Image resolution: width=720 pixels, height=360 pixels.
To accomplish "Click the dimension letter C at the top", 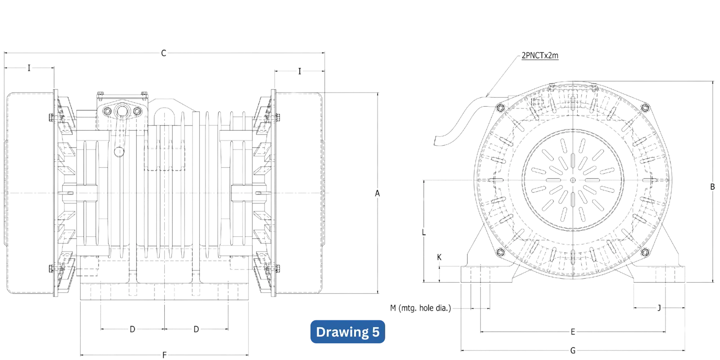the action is (164, 53).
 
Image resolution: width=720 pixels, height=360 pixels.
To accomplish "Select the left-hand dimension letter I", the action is (30, 68).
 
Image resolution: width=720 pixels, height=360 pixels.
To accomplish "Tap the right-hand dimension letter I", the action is (300, 71).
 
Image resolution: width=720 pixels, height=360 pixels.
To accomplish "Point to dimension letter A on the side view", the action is (378, 193).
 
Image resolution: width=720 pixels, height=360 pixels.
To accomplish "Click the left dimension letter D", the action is (133, 330).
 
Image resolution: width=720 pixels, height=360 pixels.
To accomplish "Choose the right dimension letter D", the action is (196, 330).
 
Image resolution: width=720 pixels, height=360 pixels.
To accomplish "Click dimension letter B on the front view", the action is (712, 187).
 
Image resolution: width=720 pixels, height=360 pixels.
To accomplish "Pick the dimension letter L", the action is (424, 233).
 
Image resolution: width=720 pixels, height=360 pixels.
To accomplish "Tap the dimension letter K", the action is (440, 257).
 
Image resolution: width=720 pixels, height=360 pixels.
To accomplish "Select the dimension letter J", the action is (659, 308).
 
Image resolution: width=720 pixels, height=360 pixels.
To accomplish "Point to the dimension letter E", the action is (573, 333).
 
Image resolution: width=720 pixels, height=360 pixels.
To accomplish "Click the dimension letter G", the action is (573, 350).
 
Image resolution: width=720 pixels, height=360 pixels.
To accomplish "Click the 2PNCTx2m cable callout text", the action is (540, 56).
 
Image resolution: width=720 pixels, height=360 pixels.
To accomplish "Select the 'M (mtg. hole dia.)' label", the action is (420, 308).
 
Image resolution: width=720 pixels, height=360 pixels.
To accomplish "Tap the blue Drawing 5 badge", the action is (348, 332).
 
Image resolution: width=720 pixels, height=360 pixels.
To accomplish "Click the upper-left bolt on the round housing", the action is (499, 108).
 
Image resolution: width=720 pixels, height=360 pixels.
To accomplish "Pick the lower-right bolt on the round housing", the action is (645, 252).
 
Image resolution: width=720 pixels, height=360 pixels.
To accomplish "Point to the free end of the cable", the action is (436, 140).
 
